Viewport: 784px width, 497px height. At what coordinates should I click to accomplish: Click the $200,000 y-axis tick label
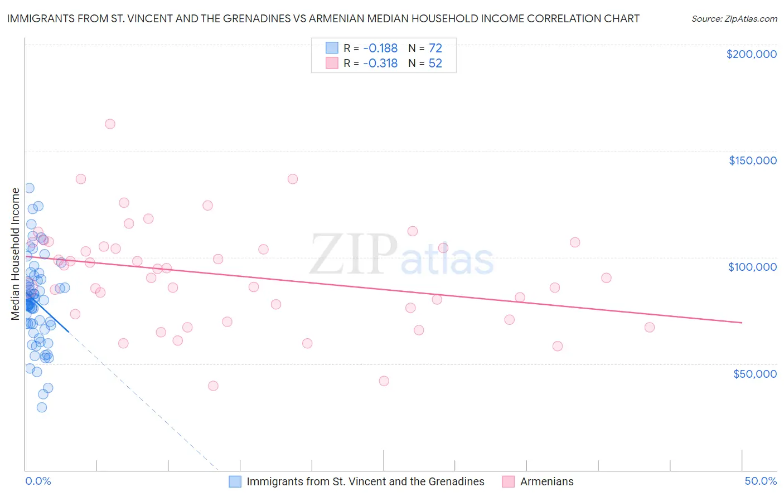coord(751,54)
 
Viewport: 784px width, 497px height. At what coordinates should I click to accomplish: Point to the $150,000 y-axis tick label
coord(752,160)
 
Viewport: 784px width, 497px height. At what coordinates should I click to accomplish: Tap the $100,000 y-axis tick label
coord(752,267)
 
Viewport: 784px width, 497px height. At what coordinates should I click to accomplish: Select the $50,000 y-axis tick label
coord(754,373)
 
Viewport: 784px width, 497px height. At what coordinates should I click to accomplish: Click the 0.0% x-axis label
coord(38,481)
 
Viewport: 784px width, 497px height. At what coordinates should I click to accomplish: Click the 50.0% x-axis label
coord(760,481)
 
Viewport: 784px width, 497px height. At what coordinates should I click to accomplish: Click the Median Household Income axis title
coord(16,254)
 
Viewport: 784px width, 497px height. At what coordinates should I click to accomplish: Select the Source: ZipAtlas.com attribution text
coord(734,18)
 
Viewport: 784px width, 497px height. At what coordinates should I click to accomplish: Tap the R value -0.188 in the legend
coord(380,48)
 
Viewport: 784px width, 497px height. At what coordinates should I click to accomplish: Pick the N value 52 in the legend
coord(435,64)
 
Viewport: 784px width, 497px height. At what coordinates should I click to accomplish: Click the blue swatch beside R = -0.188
coord(332,48)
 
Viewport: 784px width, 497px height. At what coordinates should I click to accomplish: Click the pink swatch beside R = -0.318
coord(332,63)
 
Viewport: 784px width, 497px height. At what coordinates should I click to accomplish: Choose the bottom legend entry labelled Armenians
coord(546,481)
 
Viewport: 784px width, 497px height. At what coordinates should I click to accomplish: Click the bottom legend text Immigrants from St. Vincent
coord(365,481)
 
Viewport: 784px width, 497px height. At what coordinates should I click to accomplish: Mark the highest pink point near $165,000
coord(110,124)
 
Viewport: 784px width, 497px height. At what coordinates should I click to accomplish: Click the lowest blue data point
coord(42,407)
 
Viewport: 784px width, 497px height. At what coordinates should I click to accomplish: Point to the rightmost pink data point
coord(649,327)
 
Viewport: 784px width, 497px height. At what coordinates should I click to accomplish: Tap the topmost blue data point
coord(29,188)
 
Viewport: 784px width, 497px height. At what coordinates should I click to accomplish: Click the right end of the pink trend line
coord(742,323)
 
